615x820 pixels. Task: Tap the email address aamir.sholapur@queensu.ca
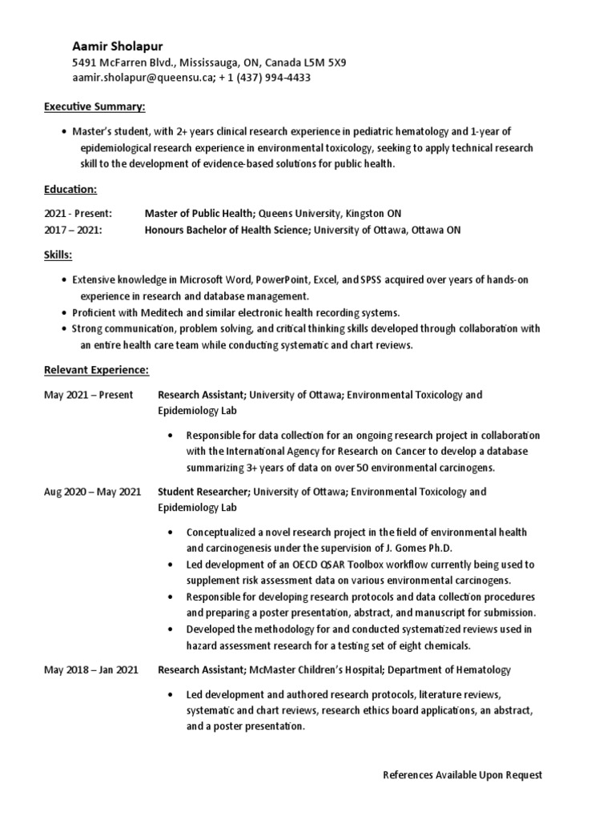coord(142,78)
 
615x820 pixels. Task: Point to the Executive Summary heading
coord(94,107)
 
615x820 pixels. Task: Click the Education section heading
coord(70,189)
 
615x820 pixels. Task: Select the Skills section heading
coord(58,255)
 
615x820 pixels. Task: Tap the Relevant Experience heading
coord(96,370)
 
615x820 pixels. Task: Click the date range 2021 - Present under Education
coord(78,214)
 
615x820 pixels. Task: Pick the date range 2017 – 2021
coord(73,230)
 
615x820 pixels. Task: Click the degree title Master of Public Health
coord(199,214)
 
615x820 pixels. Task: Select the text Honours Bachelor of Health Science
coord(227,230)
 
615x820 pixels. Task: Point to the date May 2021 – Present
coord(88,395)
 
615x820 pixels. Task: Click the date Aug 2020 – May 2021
coord(92,492)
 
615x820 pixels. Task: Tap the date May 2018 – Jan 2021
coord(92,669)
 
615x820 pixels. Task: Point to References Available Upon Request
coord(462,775)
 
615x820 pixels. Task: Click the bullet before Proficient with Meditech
coord(64,312)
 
